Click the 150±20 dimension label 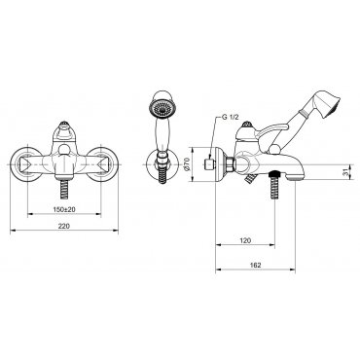click(x=64, y=209)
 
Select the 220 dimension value click(x=64, y=226)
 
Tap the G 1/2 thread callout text click(x=231, y=118)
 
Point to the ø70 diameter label click(x=187, y=164)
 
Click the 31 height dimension click(x=347, y=172)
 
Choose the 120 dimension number click(x=245, y=240)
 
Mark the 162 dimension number click(x=256, y=265)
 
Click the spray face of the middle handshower click(x=161, y=108)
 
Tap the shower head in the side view click(x=327, y=103)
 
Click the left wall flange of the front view click(x=25, y=164)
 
